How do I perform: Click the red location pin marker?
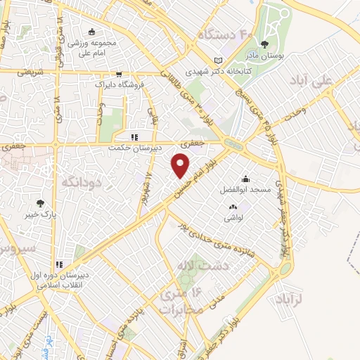(181, 165)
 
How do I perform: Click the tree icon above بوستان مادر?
(264, 44)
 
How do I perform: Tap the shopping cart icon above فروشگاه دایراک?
(118, 72)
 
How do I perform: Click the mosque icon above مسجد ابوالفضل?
(245, 178)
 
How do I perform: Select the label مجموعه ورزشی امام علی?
(93, 46)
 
